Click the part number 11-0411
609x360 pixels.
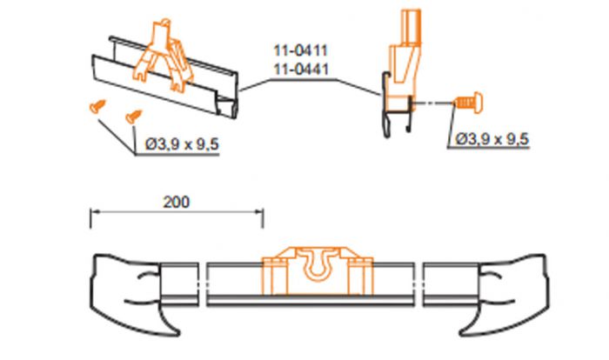coord(301,50)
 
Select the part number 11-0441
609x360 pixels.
coord(301,69)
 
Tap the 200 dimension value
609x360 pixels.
coord(177,202)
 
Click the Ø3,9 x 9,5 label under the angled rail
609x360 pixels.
coord(182,144)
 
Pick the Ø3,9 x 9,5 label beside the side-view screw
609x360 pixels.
coord(492,138)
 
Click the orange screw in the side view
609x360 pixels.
coord(468,102)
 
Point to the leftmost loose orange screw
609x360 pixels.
coord(97,106)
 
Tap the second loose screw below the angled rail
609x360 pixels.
coord(134,117)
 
